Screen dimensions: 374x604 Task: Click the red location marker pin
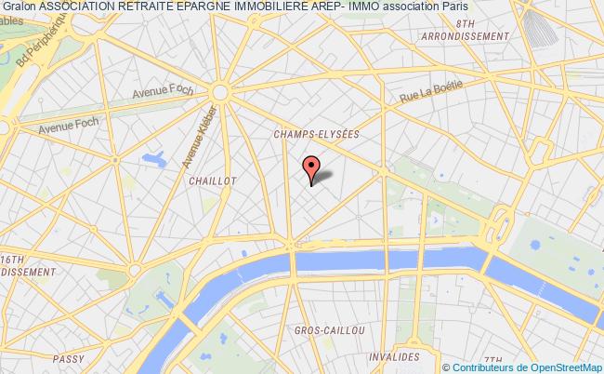[x=311, y=168]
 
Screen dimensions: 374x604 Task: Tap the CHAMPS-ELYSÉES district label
[x=316, y=134]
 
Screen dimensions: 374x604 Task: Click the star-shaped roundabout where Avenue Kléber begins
[x=220, y=92]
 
